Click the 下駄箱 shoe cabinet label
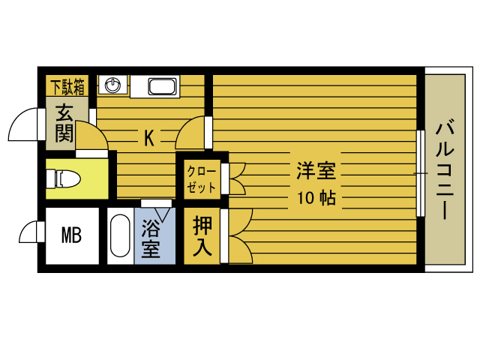[67, 85]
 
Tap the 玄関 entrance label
[64, 123]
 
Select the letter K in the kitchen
[148, 137]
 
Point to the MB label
[70, 235]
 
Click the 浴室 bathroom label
[151, 238]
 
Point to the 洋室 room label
[316, 171]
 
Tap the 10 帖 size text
[316, 199]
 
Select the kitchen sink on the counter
[161, 86]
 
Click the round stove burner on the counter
[112, 85]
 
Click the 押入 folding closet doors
[237, 236]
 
